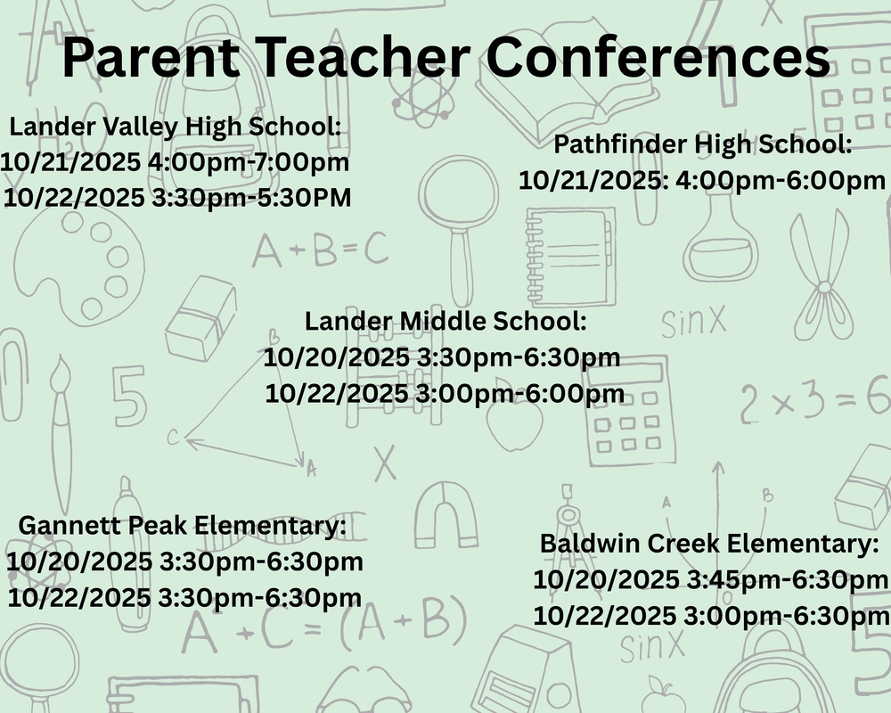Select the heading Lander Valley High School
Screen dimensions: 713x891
click(x=176, y=127)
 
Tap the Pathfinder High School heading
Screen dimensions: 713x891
click(x=703, y=144)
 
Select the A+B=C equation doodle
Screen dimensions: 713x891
click(x=320, y=250)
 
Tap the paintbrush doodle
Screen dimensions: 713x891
click(x=61, y=428)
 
